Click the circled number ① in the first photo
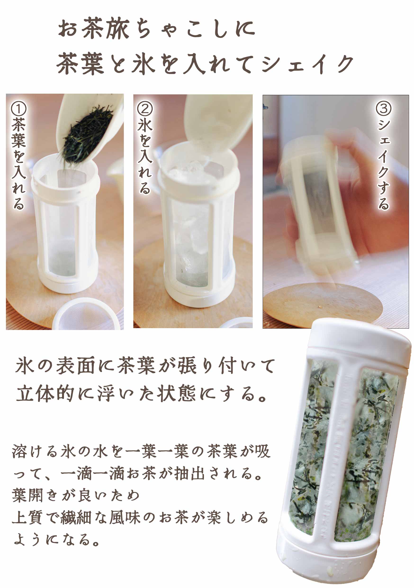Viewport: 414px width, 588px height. (18, 109)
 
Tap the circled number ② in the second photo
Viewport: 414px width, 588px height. (145, 108)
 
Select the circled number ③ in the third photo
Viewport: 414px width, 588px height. (383, 109)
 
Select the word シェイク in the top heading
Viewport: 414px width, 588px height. (307, 64)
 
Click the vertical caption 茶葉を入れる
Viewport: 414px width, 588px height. (19, 164)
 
